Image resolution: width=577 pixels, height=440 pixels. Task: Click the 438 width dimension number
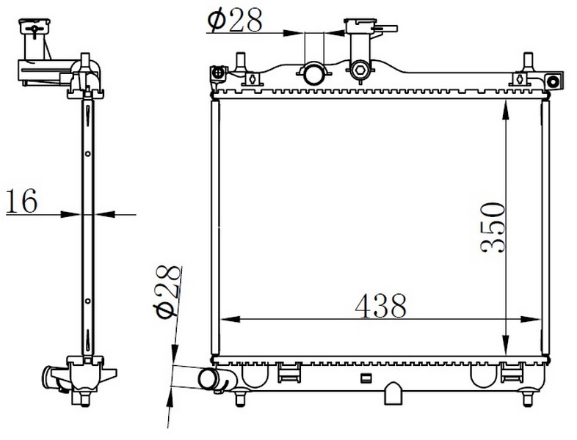(x=381, y=306)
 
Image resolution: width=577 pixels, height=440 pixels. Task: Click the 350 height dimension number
(x=493, y=227)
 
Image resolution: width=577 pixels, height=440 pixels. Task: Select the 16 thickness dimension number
(x=22, y=201)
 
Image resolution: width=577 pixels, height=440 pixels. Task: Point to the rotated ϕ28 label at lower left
(x=168, y=291)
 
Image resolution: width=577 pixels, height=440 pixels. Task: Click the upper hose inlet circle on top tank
(x=313, y=73)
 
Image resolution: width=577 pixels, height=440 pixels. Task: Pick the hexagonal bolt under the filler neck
(x=359, y=70)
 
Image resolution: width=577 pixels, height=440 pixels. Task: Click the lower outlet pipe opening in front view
(x=208, y=380)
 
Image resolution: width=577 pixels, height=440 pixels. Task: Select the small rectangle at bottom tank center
(x=366, y=378)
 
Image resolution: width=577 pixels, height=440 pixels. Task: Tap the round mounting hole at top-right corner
(x=553, y=81)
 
